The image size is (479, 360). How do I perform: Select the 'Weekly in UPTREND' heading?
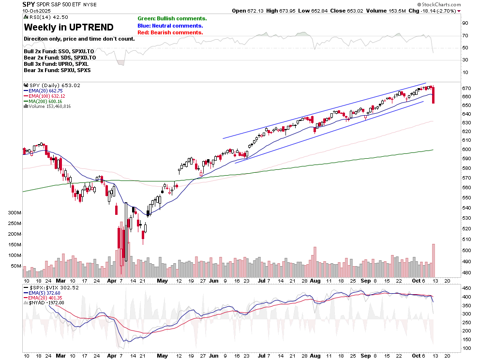(68, 28)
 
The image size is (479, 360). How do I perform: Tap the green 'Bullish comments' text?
(172, 18)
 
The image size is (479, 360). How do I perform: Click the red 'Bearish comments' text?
(170, 32)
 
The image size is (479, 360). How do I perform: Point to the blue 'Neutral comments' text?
(170, 26)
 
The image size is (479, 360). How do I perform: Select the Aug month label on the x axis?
(315, 281)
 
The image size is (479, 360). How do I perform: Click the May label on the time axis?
(163, 281)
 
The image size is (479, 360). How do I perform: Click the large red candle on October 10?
(433, 95)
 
